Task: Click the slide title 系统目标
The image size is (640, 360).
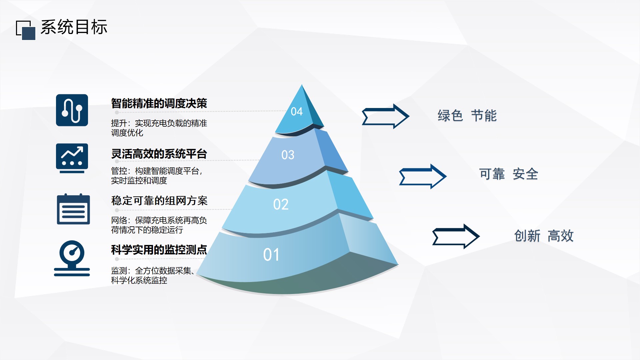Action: [74, 27]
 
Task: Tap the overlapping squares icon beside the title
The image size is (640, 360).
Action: [26, 30]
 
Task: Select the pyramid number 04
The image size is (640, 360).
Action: [297, 111]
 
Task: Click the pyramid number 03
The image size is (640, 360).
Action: [288, 155]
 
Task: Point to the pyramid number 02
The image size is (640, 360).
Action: [281, 204]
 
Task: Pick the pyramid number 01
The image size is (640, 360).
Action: [271, 255]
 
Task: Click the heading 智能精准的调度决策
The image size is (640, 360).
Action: [159, 103]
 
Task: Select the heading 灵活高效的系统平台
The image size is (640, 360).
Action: [159, 154]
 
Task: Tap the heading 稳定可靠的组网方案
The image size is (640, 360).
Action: [159, 201]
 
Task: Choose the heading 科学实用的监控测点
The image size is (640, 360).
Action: [159, 250]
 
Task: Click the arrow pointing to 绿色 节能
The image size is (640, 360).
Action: [385, 116]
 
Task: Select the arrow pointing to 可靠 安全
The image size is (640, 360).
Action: [423, 177]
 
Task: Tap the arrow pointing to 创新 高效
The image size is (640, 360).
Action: [456, 236]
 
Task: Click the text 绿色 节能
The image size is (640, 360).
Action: [467, 116]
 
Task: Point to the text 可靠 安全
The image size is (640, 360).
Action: [509, 174]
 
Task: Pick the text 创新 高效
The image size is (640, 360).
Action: [544, 236]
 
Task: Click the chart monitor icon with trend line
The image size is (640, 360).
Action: [72, 158]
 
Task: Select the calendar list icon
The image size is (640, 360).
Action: [73, 209]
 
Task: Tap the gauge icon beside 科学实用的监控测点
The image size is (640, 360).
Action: [72, 258]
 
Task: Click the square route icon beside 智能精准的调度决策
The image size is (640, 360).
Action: [72, 110]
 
